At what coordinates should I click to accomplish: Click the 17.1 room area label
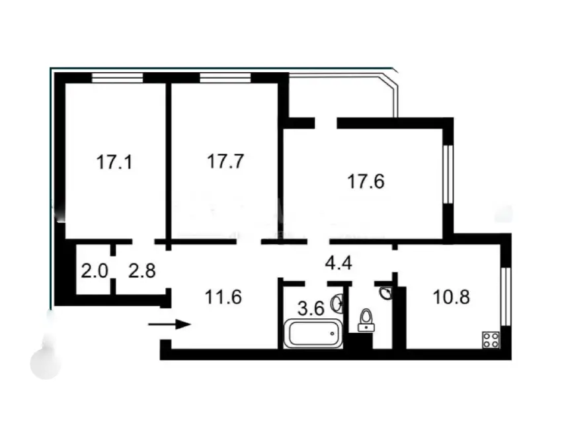click(x=114, y=162)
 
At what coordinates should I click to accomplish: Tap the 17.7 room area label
click(x=225, y=161)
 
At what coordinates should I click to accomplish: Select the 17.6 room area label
click(x=366, y=181)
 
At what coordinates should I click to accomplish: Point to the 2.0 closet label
click(x=95, y=271)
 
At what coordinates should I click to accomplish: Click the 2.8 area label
click(x=142, y=271)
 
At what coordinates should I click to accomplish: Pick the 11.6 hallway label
click(x=223, y=297)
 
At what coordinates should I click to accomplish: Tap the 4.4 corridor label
click(x=339, y=263)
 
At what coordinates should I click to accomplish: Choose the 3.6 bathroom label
click(x=311, y=308)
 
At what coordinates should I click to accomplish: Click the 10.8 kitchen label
click(x=451, y=297)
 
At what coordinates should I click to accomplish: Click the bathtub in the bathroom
click(x=313, y=334)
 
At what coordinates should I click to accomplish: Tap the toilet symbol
click(x=366, y=320)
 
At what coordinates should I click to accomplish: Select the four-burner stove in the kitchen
click(x=491, y=339)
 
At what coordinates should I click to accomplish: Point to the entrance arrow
click(x=169, y=325)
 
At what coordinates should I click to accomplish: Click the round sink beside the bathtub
click(x=338, y=304)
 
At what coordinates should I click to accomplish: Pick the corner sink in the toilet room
click(x=387, y=293)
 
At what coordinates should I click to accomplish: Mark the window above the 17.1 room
click(x=117, y=78)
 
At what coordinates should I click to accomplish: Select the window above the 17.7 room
click(x=225, y=78)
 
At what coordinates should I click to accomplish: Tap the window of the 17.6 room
click(x=448, y=174)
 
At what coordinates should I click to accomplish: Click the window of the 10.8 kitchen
click(x=505, y=296)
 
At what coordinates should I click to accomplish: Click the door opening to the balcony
click(x=326, y=123)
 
